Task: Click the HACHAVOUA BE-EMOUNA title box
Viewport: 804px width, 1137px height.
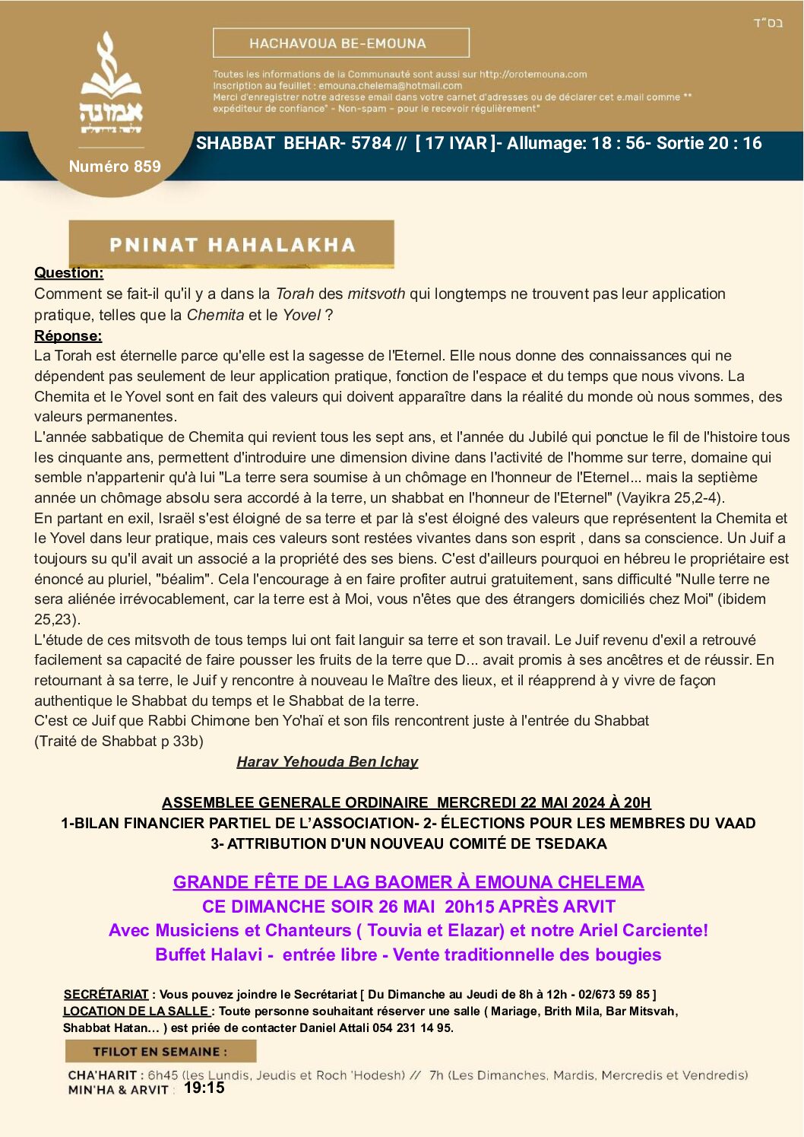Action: pyautogui.click(x=340, y=43)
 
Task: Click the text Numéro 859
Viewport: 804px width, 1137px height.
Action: pyautogui.click(x=115, y=167)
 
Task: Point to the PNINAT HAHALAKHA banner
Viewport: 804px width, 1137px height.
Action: pyautogui.click(x=232, y=244)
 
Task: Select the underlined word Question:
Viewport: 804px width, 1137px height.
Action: pyautogui.click(x=68, y=273)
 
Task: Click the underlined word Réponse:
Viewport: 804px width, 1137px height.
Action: pyautogui.click(x=68, y=335)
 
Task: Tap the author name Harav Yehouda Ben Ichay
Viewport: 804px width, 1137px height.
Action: pyautogui.click(x=328, y=761)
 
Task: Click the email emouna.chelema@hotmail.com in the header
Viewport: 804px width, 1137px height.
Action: pyautogui.click(x=390, y=86)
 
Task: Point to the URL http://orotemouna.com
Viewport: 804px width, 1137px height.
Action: pyautogui.click(x=533, y=75)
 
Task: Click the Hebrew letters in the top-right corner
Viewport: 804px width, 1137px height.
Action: pyautogui.click(x=768, y=23)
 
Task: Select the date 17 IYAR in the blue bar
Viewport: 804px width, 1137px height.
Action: pyautogui.click(x=455, y=143)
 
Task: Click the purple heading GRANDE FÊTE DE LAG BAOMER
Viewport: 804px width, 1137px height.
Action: pyautogui.click(x=408, y=882)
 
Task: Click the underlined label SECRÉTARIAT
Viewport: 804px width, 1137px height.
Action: pyautogui.click(x=106, y=994)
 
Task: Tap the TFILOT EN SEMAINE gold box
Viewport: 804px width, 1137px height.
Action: pyautogui.click(x=160, y=1051)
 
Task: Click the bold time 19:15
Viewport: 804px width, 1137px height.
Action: pyautogui.click(x=204, y=1088)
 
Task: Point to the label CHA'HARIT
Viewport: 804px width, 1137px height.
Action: pyautogui.click(x=103, y=1075)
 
